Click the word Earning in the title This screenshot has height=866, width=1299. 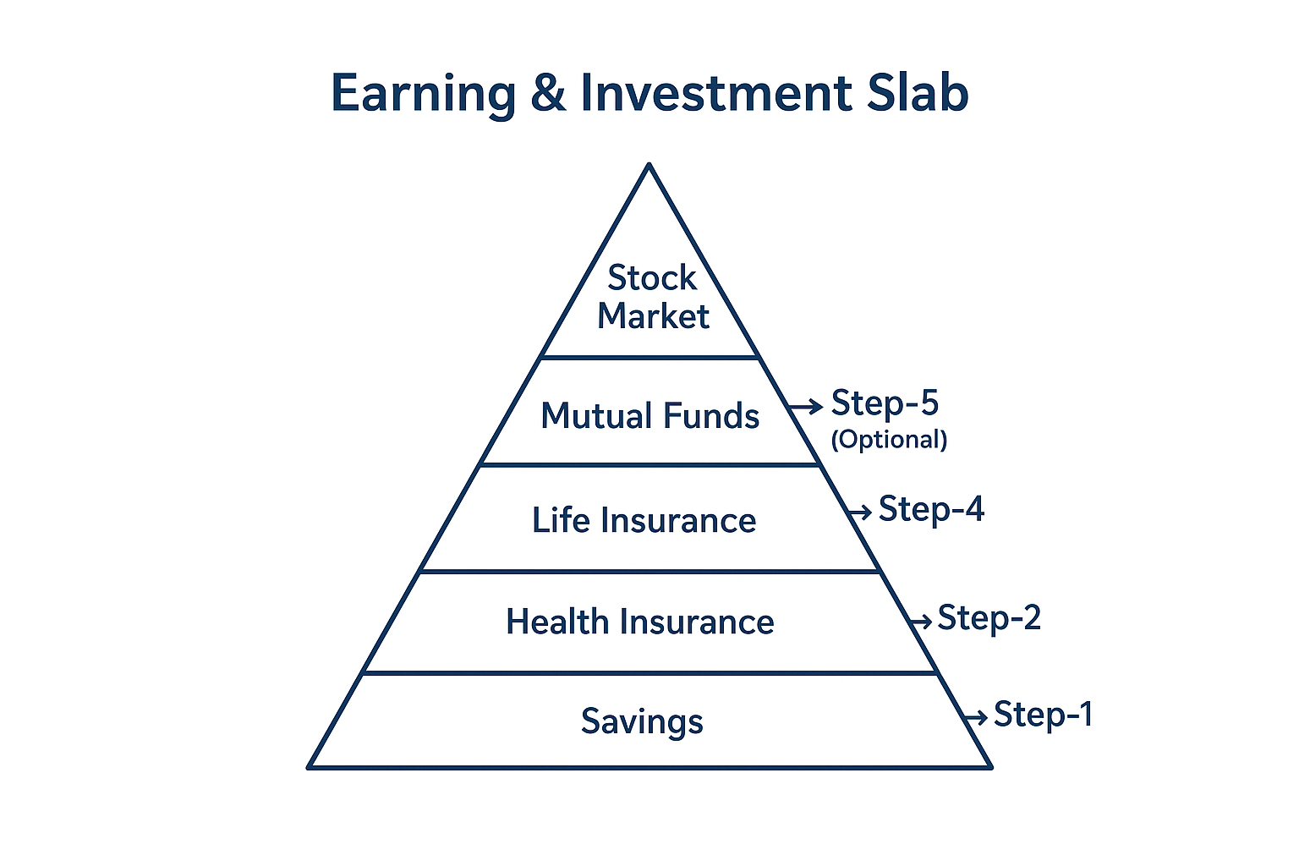[x=424, y=94]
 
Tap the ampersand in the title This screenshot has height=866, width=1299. [x=548, y=93]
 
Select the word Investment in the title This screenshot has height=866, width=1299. [x=716, y=93]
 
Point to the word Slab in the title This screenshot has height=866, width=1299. [x=918, y=92]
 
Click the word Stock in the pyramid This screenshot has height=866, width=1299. [x=652, y=277]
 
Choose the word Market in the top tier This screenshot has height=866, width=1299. [x=653, y=316]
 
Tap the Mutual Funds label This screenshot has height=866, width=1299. [x=650, y=416]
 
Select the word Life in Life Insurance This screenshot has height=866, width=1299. [x=559, y=520]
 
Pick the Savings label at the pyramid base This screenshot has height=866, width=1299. [x=642, y=722]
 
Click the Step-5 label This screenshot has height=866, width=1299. [x=885, y=403]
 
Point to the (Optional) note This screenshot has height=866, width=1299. [x=889, y=440]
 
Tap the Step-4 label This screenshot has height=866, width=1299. [x=931, y=509]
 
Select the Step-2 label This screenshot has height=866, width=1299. [x=989, y=617]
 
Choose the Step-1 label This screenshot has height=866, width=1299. [x=1044, y=714]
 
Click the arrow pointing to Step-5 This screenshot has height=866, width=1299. [x=805, y=407]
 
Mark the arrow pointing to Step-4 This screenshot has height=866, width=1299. [x=859, y=512]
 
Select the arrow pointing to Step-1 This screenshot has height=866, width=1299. [x=975, y=717]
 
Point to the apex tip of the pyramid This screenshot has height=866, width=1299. [x=649, y=164]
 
